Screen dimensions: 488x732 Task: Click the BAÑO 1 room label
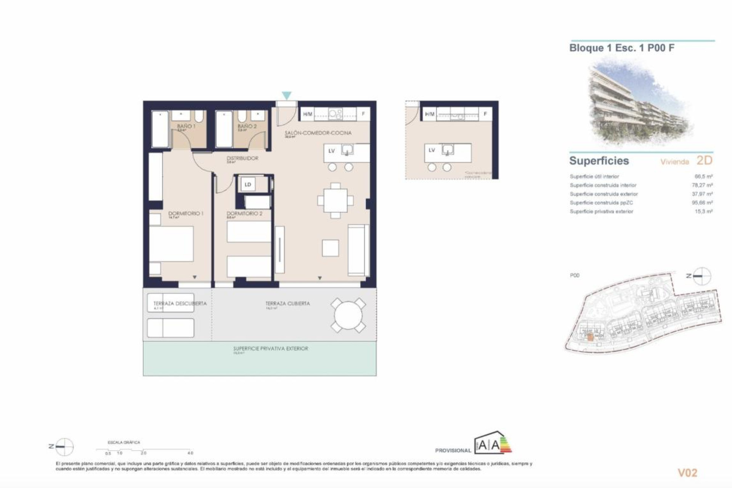click(186, 126)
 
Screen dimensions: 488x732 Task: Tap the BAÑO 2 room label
click(247, 126)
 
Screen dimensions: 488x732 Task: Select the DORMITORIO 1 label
click(186, 213)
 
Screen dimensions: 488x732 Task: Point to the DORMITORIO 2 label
click(244, 213)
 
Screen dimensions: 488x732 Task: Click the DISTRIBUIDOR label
click(242, 158)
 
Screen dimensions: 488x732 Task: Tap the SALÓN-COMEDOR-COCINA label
click(318, 133)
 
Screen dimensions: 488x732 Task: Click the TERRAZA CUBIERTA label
click(288, 303)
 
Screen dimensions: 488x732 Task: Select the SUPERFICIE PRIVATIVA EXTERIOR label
click(271, 348)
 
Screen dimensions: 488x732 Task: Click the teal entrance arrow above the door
click(286, 95)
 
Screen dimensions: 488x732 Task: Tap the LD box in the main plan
click(248, 185)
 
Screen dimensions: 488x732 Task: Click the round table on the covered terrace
click(348, 316)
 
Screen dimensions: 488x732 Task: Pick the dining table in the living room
click(335, 201)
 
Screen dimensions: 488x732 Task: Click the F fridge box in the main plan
click(363, 114)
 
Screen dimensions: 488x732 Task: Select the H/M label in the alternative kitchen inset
click(430, 114)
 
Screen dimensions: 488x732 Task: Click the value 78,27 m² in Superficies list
click(702, 185)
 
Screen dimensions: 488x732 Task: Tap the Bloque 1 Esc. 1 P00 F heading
click(622, 48)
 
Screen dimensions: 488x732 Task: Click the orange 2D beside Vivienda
click(704, 161)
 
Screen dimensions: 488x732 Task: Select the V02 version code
click(687, 473)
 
